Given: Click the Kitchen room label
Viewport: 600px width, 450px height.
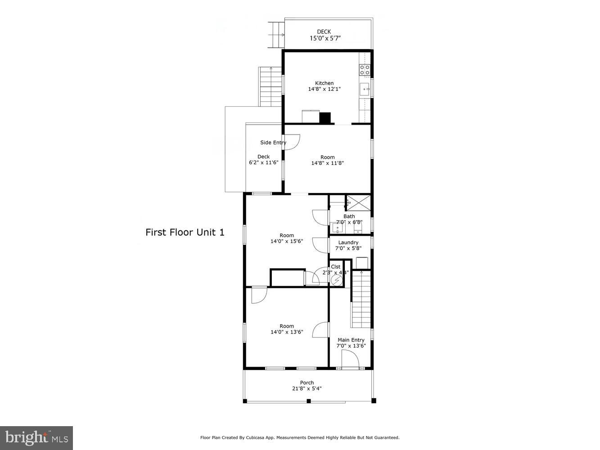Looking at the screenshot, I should click(x=324, y=83).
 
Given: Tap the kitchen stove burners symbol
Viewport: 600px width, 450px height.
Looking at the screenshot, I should click(x=364, y=70).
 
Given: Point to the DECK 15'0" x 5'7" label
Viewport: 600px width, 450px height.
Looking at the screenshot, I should click(x=324, y=35).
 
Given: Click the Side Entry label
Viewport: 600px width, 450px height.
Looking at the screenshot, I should click(x=273, y=143).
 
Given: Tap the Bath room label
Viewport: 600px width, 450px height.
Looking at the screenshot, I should click(x=349, y=216).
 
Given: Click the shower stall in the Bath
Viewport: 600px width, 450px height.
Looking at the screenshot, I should click(x=358, y=202).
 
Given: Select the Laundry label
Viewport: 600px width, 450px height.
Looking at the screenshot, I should click(x=348, y=243).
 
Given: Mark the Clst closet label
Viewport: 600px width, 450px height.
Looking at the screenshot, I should click(x=336, y=267).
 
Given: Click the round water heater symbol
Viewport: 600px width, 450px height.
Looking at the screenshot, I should click(x=336, y=280).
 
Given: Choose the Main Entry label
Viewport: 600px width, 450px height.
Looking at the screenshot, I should click(x=351, y=340).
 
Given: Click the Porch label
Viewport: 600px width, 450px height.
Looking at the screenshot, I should click(x=307, y=383).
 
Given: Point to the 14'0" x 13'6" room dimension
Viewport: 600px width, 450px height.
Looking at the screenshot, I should click(x=287, y=333).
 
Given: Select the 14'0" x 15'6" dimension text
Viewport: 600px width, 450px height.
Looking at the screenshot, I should click(x=287, y=241).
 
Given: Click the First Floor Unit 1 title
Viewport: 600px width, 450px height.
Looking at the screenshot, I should click(x=185, y=232).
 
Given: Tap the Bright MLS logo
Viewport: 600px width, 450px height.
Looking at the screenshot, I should click(x=36, y=438).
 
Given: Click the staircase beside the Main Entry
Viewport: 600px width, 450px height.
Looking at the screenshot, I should click(x=361, y=299).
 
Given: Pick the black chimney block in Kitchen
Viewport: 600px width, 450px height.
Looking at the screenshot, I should click(x=325, y=118).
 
